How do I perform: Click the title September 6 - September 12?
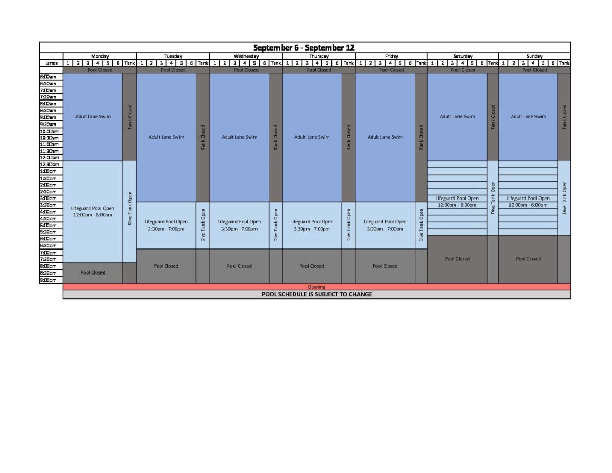pos(304,47)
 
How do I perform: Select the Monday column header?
pos(100,56)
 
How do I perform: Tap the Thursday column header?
pos(319,56)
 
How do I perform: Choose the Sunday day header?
pos(534,56)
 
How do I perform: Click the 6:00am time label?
pos(48,77)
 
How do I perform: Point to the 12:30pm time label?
pos(49,164)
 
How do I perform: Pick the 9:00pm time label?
pos(48,280)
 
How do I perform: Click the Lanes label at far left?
pos(52,63)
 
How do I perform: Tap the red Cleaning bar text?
pos(316,287)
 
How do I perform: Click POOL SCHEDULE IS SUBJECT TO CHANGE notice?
pos(317,294)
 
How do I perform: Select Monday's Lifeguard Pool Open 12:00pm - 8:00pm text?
pos(93,212)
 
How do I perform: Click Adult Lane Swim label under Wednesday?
pos(240,137)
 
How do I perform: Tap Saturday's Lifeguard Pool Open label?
pos(457,198)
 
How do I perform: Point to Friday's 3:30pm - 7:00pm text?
pos(385,229)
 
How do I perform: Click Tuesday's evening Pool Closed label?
pos(166,266)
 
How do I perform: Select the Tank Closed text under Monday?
pos(130,117)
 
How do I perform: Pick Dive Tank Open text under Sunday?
pos(564,197)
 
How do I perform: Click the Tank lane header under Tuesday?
pos(203,63)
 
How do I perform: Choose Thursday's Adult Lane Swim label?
pos(312,137)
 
